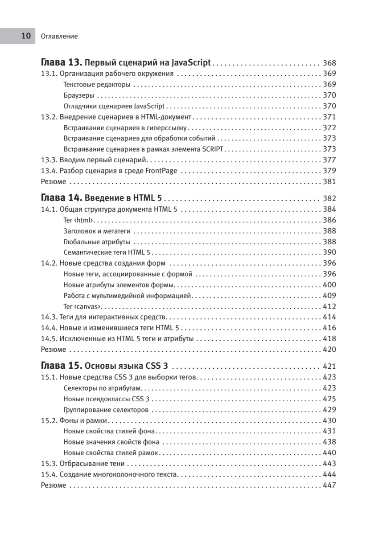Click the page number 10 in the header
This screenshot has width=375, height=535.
[x=26, y=36]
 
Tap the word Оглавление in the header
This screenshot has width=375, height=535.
[x=59, y=37]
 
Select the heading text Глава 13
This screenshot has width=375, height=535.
[x=60, y=62]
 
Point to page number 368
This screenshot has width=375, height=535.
[x=330, y=63]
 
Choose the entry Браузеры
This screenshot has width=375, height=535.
[x=78, y=95]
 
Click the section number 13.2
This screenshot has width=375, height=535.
[x=49, y=117]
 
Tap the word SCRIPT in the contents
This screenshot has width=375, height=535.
[x=214, y=149]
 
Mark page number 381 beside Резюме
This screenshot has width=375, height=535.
[x=330, y=181]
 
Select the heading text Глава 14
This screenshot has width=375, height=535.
[x=60, y=198]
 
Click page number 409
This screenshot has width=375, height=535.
[x=330, y=296]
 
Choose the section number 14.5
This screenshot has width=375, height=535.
[x=49, y=338]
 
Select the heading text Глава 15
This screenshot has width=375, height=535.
[x=60, y=366]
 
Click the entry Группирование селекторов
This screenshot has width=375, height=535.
[x=106, y=410]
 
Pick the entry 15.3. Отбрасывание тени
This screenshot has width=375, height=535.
[x=82, y=463]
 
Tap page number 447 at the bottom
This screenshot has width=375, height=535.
[x=330, y=485]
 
